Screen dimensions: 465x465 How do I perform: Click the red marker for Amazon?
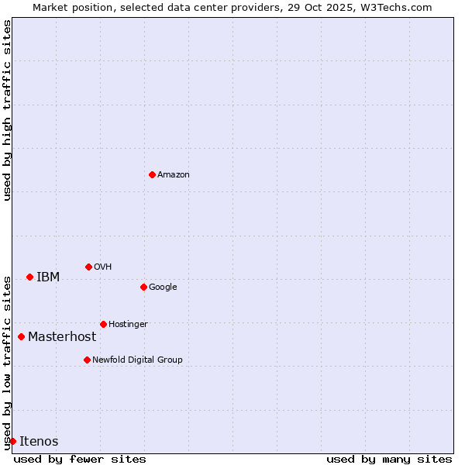pos(152,174)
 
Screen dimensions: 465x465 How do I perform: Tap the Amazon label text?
pos(174,174)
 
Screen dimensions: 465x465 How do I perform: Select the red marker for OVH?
pos(88,267)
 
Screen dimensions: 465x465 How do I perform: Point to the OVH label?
pos(103,267)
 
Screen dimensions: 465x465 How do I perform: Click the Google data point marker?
pos(143,287)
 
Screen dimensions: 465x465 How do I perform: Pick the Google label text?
pos(163,287)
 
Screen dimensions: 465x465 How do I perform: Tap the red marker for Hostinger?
pos(103,324)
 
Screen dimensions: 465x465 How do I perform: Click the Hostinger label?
pos(128,324)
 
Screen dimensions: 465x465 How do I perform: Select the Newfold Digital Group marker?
pos(87,360)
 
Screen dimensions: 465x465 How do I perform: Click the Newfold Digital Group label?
pos(137,360)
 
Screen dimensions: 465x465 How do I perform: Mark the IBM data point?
pos(29,277)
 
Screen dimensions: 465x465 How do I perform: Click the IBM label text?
pos(48,277)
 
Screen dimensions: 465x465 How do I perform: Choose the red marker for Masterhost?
pos(21,336)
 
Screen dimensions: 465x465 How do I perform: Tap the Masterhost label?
pos(62,336)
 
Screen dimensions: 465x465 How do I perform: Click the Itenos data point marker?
pos(12,441)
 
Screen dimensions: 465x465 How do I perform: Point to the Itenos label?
pos(39,441)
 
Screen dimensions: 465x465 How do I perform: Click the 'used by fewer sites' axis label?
pos(80,459)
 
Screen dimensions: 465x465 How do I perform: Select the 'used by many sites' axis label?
pos(389,459)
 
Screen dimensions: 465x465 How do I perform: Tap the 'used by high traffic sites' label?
pos(7,110)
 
